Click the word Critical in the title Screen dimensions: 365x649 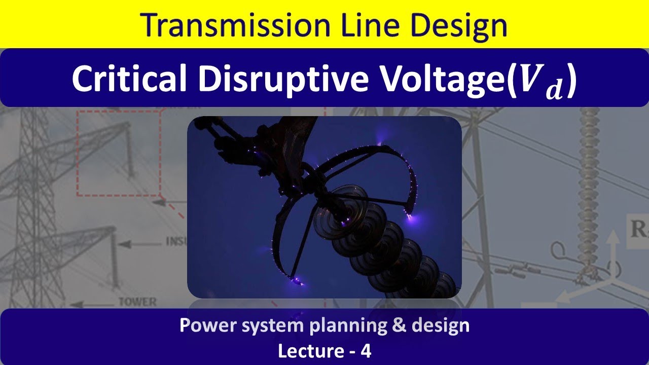click(131, 79)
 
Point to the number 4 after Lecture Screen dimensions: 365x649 click(366, 351)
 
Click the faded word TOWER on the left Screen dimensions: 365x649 click(137, 302)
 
